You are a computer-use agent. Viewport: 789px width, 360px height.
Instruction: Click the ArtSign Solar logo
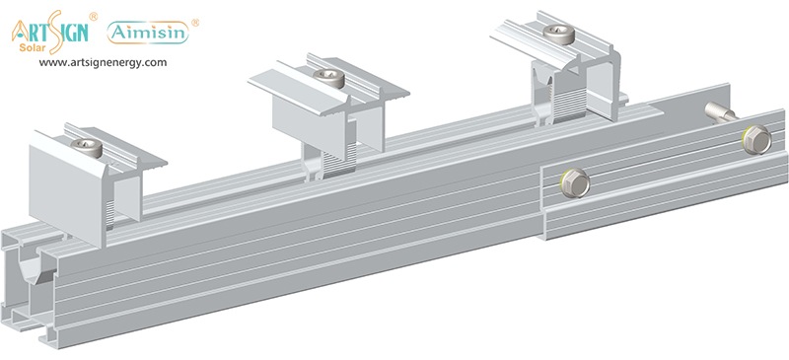pyautogui.click(x=50, y=33)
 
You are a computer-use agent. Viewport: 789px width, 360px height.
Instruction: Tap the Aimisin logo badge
pyautogui.click(x=148, y=33)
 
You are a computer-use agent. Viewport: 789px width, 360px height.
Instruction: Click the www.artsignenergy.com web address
pyautogui.click(x=103, y=63)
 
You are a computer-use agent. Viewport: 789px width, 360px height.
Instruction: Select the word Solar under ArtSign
pyautogui.click(x=33, y=48)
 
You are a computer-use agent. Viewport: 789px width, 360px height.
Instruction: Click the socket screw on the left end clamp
pyautogui.click(x=87, y=148)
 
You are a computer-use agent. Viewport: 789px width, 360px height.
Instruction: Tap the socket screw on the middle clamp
pyautogui.click(x=328, y=78)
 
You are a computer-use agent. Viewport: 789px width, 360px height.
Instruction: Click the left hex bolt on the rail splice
pyautogui.click(x=575, y=182)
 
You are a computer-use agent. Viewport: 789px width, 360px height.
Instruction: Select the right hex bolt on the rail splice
pyautogui.click(x=756, y=139)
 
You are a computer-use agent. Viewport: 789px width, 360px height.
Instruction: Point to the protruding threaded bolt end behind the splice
pyautogui.click(x=719, y=111)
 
